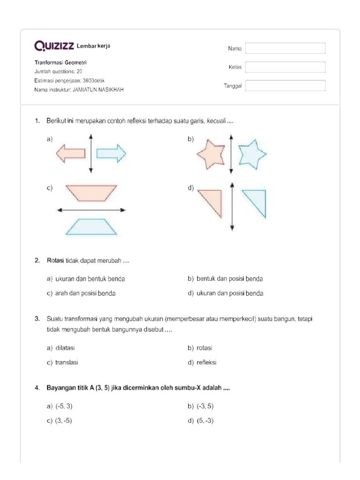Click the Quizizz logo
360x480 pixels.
click(x=54, y=45)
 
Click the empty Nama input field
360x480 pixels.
click(x=285, y=48)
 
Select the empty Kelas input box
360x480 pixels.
click(x=285, y=67)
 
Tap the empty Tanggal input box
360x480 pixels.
click(x=285, y=86)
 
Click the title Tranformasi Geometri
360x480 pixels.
click(x=60, y=63)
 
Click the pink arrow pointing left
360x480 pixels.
click(x=70, y=153)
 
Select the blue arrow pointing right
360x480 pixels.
click(x=112, y=153)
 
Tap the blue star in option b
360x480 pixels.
click(x=252, y=153)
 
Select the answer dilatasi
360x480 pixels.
click(x=65, y=348)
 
